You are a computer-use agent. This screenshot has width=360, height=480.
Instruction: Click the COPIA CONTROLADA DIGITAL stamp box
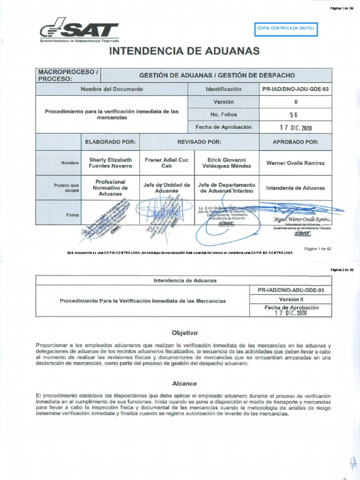click(285, 29)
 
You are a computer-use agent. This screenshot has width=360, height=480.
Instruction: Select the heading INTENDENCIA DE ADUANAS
click(184, 51)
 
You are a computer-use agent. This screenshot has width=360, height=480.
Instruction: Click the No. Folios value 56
click(294, 114)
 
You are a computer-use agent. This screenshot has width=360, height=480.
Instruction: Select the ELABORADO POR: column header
click(110, 142)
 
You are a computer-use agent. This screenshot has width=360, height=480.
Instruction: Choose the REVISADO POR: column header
click(199, 142)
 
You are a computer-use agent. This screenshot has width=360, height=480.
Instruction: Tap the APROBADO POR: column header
click(295, 142)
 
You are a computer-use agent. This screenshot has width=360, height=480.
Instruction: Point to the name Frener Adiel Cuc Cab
click(166, 163)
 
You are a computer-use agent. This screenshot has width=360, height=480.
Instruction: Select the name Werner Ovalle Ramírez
click(295, 163)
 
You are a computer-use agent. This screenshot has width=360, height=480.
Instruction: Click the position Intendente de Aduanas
click(295, 188)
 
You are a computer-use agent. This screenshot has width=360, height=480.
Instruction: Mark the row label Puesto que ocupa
click(65, 188)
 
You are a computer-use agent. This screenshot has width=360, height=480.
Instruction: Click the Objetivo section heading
click(185, 333)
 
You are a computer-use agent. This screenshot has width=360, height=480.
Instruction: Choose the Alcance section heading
click(185, 383)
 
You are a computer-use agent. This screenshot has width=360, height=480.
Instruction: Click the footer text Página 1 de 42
click(318, 248)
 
